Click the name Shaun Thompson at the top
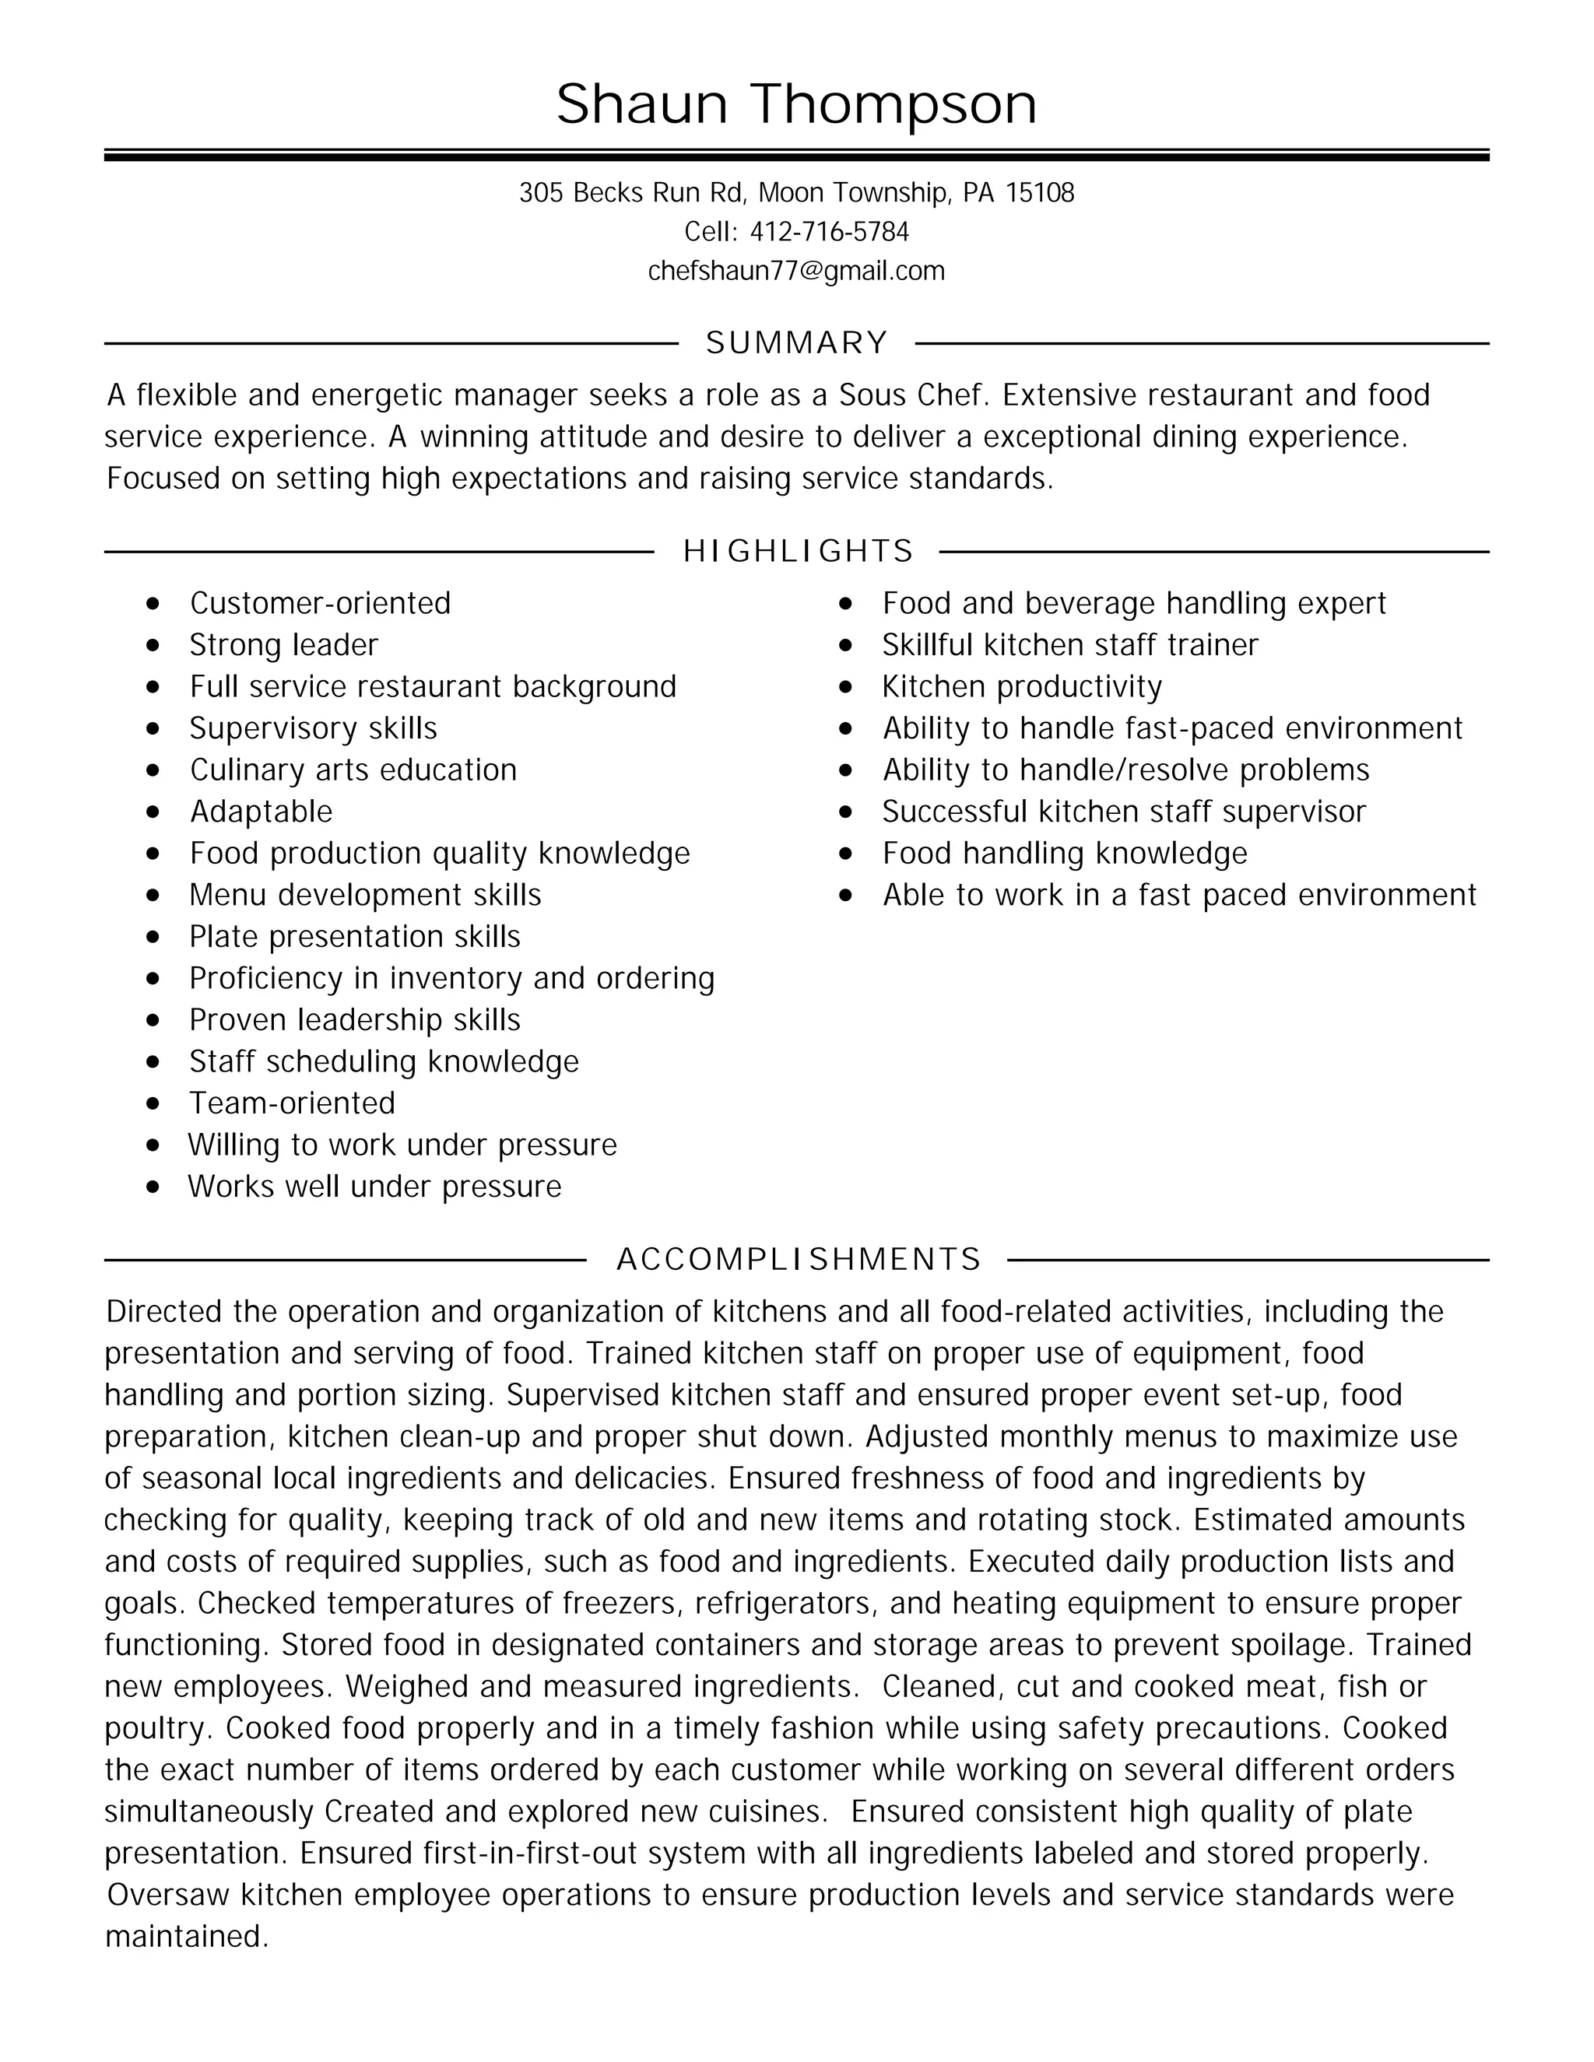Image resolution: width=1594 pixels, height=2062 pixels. (796, 103)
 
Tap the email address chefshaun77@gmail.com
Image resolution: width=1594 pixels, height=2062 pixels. (796, 272)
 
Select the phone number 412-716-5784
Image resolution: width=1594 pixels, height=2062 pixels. (829, 232)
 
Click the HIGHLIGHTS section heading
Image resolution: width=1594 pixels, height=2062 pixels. (798, 552)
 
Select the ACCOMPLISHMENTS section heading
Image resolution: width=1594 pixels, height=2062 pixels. (798, 1260)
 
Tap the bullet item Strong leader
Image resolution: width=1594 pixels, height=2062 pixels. (283, 646)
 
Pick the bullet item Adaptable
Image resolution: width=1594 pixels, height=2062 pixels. (262, 812)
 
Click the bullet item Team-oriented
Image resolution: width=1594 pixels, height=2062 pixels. (292, 1103)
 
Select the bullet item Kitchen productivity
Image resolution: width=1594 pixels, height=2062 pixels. (1022, 687)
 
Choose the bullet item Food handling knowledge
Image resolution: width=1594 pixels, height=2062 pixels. (1064, 854)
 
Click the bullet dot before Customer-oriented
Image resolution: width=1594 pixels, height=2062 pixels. (154, 605)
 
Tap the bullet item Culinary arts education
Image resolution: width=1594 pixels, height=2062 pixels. (353, 770)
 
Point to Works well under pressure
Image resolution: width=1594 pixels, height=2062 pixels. (374, 1187)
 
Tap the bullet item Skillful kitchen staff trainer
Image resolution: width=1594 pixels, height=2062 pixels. (1070, 646)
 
